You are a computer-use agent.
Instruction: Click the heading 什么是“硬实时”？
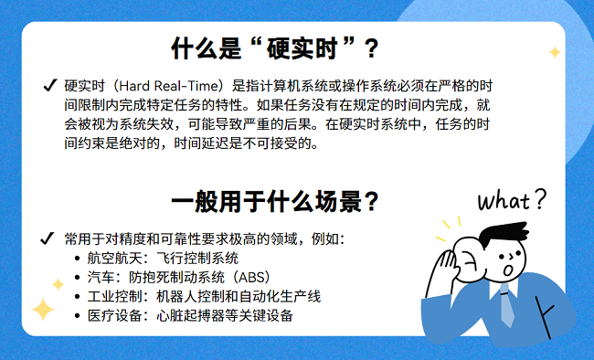pos(275,46)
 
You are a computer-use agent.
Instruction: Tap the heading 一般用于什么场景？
pos(275,200)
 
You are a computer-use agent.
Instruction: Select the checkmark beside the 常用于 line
pos(48,239)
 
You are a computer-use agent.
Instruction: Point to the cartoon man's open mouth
pos(508,271)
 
